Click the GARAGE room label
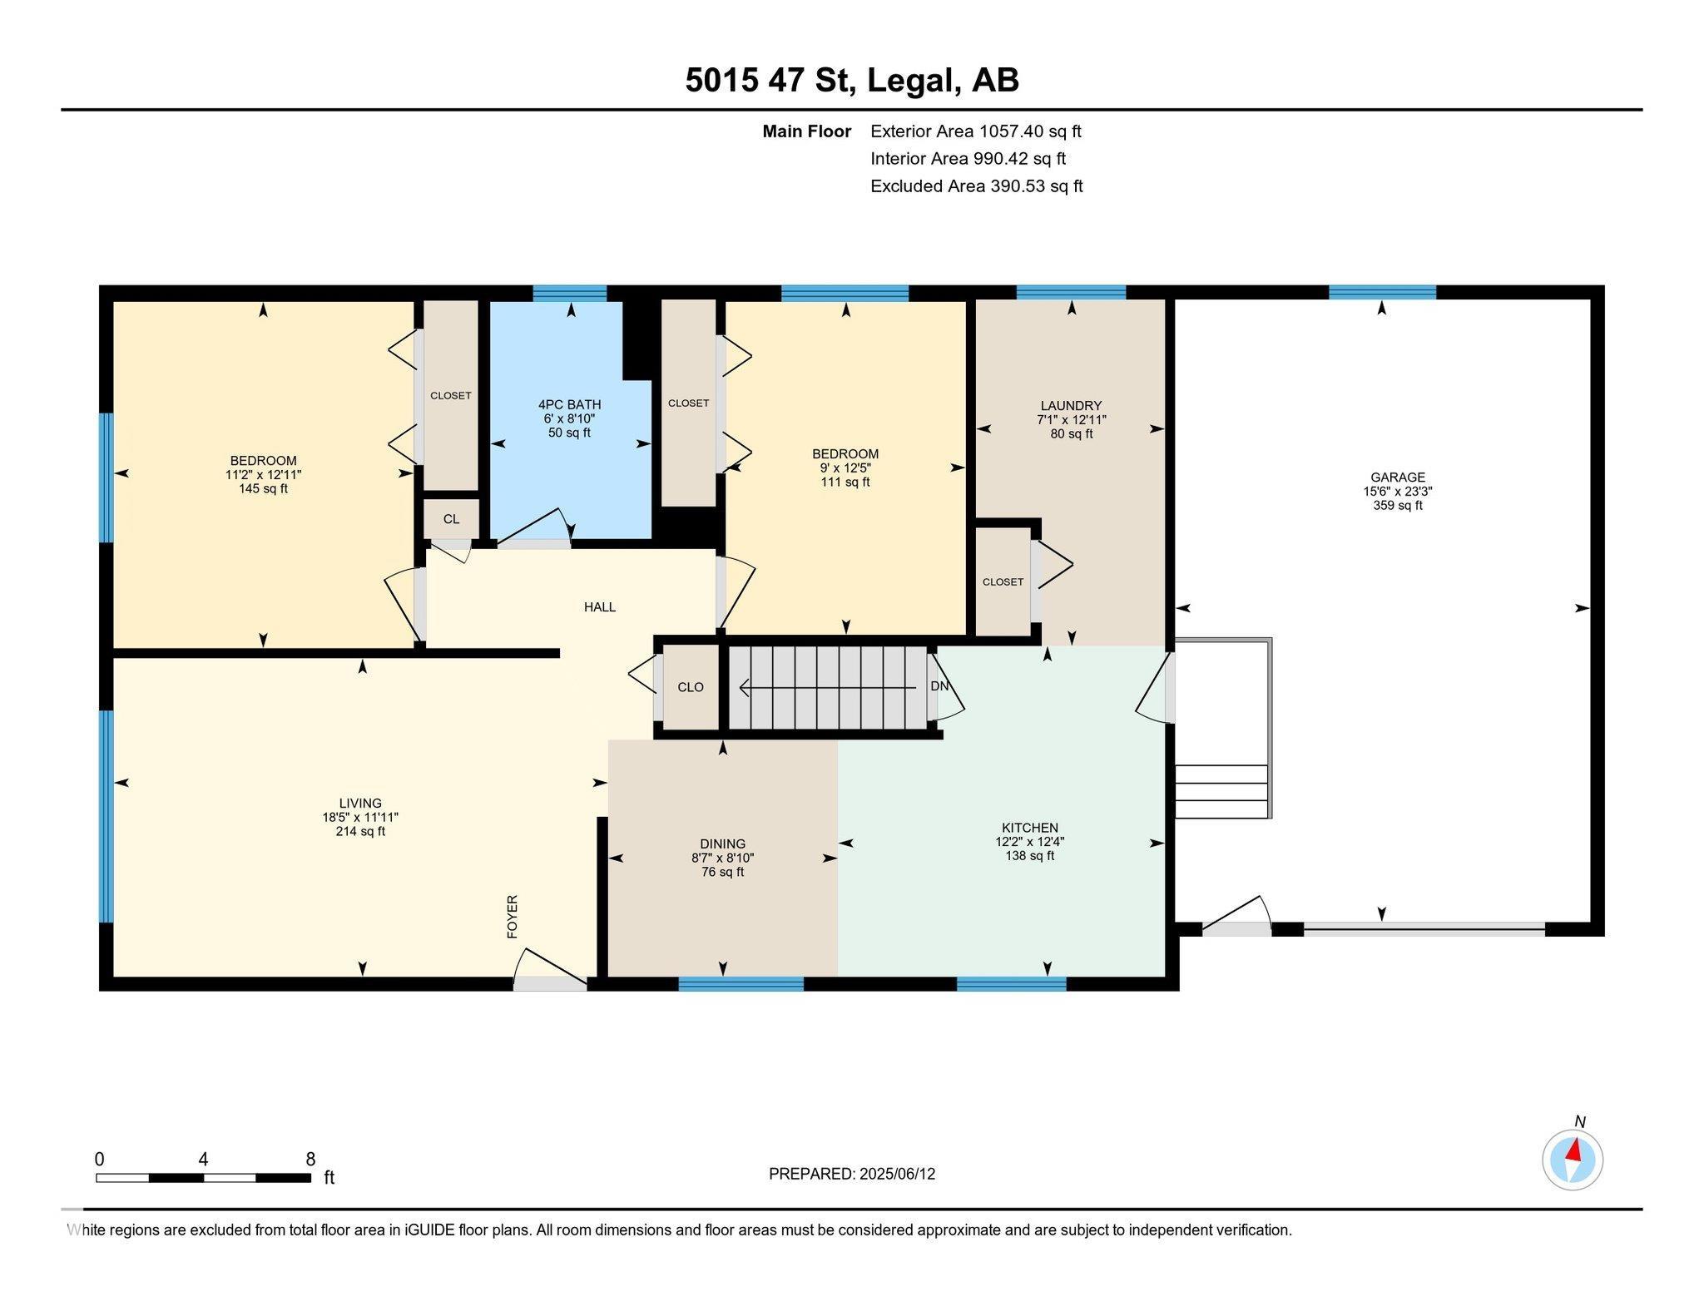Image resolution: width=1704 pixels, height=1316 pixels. [1398, 477]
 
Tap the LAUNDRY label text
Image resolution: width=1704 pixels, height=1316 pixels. [1071, 406]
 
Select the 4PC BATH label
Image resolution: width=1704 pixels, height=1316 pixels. [569, 405]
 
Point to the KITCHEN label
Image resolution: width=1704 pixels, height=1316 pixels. [1030, 828]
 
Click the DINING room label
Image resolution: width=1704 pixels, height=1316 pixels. [722, 844]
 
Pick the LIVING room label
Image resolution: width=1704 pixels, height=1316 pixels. [360, 804]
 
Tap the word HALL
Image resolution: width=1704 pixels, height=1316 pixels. [600, 607]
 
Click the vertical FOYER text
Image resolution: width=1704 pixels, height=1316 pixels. [513, 917]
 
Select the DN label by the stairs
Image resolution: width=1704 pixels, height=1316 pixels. [939, 686]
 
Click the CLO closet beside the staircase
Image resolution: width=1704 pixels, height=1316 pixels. [691, 687]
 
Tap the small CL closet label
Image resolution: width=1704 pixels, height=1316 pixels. [451, 519]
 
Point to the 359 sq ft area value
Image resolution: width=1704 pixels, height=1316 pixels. [1398, 505]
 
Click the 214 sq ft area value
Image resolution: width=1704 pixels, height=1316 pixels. [360, 831]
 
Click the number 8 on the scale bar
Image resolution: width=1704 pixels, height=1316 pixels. [310, 1160]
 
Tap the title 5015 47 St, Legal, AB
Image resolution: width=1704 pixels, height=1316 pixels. [852, 81]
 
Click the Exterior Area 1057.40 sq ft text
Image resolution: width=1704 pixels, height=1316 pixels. [976, 131]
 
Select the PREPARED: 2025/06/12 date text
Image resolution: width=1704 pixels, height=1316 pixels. [852, 1174]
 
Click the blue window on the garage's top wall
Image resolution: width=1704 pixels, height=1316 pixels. [1382, 292]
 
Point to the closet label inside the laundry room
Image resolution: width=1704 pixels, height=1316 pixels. [1003, 582]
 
